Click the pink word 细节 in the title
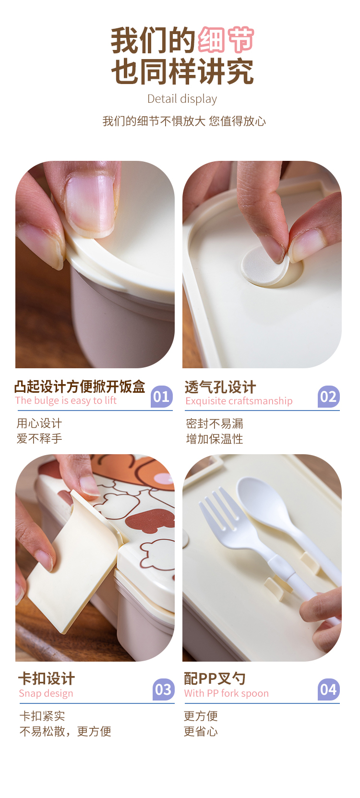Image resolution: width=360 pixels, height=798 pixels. (226, 40)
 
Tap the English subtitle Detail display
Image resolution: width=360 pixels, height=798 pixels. (182, 99)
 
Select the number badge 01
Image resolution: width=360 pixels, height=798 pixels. (161, 397)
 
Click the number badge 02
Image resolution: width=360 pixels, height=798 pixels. (328, 397)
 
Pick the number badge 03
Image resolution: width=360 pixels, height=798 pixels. (163, 689)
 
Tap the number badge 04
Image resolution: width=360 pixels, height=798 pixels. (328, 689)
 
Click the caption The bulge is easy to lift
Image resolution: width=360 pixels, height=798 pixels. (66, 400)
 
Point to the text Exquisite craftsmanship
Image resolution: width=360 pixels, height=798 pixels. (239, 401)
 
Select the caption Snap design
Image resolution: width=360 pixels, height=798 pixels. (46, 693)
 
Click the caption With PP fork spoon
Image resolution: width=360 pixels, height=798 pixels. (226, 693)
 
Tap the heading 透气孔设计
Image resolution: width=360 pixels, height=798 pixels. (220, 387)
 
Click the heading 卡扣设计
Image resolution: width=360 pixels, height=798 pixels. (47, 678)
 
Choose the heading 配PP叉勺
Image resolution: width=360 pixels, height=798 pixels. (215, 678)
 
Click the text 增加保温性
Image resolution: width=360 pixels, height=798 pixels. (215, 439)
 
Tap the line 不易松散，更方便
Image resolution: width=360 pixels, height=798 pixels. (65, 731)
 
